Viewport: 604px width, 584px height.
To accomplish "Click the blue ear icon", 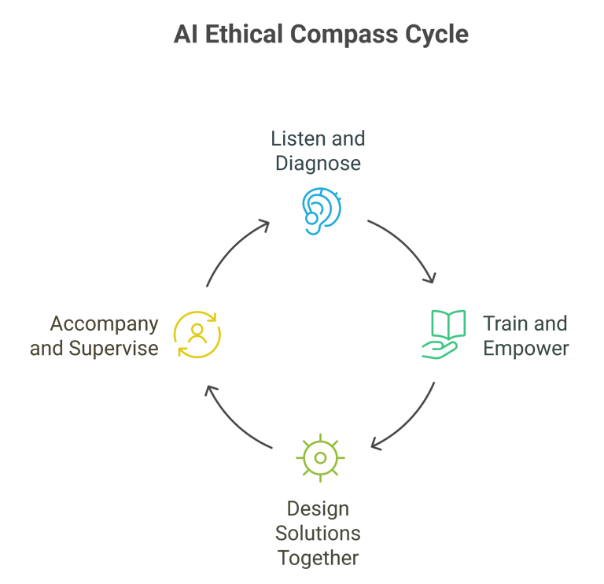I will coord(321,210).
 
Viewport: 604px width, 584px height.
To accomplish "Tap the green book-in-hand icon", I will coord(444,335).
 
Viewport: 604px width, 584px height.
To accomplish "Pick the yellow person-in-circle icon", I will coord(197,335).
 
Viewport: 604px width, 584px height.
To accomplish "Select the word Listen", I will coord(294,139).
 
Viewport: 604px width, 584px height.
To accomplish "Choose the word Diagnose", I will coord(319,164).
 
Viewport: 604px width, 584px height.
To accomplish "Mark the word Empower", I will coord(525,348).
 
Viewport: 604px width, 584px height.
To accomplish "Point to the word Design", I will coord(318,508).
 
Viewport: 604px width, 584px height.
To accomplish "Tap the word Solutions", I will coord(318,534).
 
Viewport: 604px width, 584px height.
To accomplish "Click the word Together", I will coord(318,558).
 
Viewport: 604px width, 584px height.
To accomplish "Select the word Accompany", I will coord(104,323).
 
